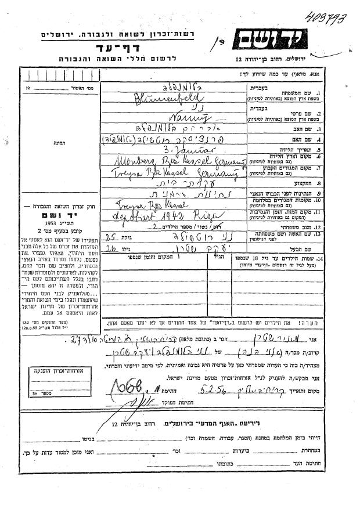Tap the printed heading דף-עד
119,47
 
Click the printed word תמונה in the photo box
41,148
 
